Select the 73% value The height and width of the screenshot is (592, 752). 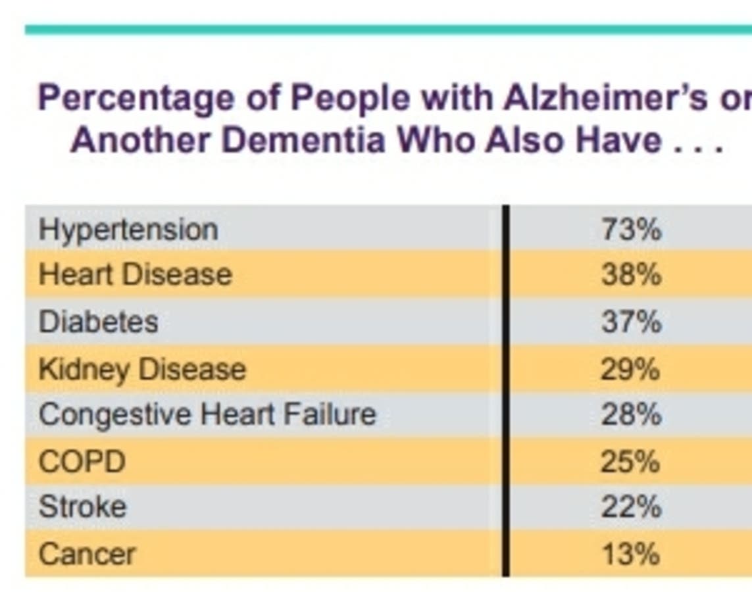(632, 229)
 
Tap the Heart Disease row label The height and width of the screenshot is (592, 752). (136, 275)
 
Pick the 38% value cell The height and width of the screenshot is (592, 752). (632, 275)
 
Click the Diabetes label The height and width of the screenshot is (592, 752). (98, 321)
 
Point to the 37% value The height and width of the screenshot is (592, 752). (632, 321)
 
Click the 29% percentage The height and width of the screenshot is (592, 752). (631, 370)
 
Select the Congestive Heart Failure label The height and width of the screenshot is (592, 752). (207, 414)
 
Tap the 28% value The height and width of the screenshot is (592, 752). (632, 414)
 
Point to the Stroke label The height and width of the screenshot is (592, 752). (82, 506)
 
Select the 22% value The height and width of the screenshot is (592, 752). (632, 507)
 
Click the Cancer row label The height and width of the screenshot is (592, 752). (88, 554)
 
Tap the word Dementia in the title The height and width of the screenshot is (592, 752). (303, 141)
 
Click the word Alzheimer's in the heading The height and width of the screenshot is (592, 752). (605, 97)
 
